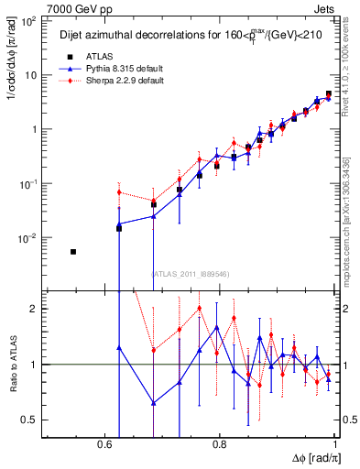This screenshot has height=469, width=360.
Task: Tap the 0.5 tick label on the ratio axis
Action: tap(29, 420)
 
